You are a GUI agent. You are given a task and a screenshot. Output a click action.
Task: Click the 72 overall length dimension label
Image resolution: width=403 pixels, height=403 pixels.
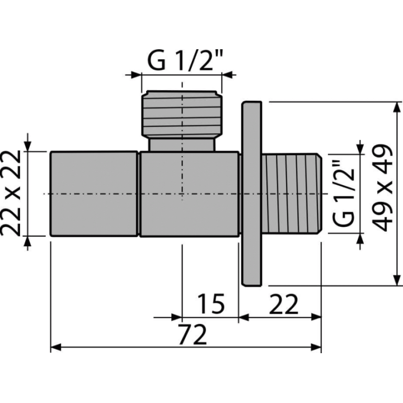point(193,334)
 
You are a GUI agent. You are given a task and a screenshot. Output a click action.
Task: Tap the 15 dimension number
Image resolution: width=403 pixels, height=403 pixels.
point(211,304)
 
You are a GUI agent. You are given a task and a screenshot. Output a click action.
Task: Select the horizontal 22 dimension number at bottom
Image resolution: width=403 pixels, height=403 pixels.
point(283,304)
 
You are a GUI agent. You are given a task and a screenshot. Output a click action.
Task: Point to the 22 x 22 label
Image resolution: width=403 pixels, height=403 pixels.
point(11,193)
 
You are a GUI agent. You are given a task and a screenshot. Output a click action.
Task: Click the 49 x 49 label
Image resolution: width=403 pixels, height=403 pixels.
point(382,188)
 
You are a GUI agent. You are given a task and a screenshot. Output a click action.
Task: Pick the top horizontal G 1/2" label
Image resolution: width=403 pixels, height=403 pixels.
point(184,60)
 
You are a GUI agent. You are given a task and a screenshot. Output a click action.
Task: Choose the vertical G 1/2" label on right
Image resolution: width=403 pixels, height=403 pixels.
point(343,193)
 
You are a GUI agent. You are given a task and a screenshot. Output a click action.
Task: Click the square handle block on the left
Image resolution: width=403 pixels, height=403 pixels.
point(94,194)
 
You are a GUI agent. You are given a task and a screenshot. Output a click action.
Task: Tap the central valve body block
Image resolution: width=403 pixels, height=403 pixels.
point(189,194)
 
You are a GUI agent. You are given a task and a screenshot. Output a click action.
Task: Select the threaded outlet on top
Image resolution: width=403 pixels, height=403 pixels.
point(182,114)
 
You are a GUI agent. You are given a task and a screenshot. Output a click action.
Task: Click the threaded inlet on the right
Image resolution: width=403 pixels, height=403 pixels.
point(292,193)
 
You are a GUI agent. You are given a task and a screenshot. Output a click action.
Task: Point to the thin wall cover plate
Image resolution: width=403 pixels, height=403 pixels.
point(252,194)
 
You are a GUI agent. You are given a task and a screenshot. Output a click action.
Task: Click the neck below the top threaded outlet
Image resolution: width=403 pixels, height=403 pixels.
point(182,145)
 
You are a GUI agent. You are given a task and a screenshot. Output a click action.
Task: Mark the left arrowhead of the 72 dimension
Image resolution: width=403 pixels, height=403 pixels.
point(56,347)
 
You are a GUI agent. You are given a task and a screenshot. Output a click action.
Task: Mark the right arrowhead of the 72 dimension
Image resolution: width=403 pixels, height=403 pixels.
point(316,347)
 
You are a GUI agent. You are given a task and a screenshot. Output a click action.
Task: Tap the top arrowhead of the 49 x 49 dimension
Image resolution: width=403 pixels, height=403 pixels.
point(397,107)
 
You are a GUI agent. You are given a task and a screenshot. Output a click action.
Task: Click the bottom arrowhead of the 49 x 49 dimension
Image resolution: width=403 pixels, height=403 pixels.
point(397,280)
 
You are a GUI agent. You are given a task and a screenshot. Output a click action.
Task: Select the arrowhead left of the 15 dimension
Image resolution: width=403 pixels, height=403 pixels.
point(177,317)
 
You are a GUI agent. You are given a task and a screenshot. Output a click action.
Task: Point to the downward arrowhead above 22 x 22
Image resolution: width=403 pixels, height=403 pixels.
point(27,147)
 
